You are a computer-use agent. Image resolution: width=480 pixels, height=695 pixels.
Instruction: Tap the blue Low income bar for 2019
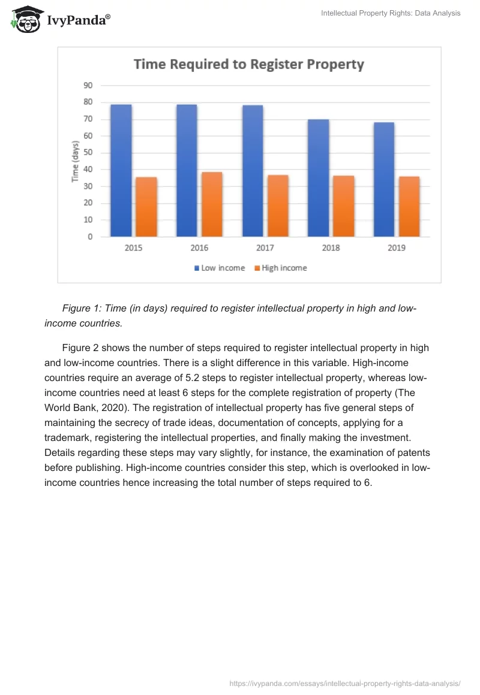click(384, 180)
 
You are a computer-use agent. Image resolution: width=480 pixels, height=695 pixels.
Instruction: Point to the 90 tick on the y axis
click(88, 85)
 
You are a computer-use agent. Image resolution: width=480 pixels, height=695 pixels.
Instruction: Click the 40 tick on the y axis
click(88, 170)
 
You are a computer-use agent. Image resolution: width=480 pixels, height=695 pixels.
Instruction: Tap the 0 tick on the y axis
click(90, 237)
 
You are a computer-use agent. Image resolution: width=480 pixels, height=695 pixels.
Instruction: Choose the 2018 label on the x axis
click(331, 248)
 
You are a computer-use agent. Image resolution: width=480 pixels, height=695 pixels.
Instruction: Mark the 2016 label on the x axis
click(199, 248)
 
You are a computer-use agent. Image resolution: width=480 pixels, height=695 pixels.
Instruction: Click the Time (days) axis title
click(76, 162)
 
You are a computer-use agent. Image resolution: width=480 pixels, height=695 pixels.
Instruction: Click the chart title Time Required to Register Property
click(248, 64)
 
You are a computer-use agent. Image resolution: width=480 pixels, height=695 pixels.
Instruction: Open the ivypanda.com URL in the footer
click(345, 682)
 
